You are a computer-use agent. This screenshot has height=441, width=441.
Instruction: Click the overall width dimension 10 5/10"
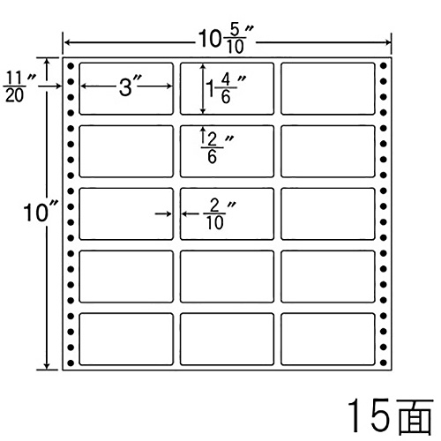click(x=226, y=40)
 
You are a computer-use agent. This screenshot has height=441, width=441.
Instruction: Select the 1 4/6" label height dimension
click(x=226, y=88)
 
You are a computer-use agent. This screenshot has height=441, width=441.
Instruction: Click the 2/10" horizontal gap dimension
click(x=220, y=214)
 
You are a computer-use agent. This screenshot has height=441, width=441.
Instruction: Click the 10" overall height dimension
click(x=41, y=211)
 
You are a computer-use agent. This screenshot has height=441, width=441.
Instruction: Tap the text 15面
click(x=391, y=415)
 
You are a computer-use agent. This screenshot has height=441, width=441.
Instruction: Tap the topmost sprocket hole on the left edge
click(x=71, y=66)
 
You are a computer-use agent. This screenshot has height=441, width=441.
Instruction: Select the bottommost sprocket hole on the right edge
click(x=383, y=363)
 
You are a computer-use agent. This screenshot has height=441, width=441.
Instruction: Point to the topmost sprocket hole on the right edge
click(x=383, y=66)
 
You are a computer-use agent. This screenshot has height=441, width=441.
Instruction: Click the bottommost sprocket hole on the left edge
click(x=71, y=363)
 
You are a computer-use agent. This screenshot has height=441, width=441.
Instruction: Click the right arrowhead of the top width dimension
click(x=388, y=43)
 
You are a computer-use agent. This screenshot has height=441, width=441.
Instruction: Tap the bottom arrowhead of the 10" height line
click(x=47, y=366)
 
